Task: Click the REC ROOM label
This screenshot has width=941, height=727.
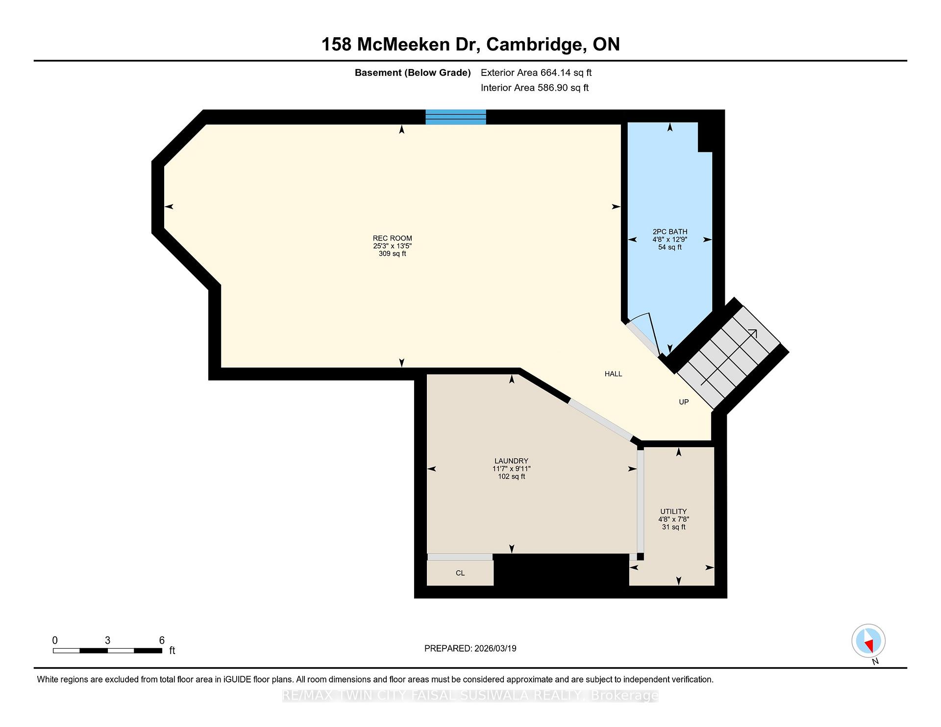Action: pyautogui.click(x=392, y=239)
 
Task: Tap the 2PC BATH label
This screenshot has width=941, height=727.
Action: pyautogui.click(x=670, y=232)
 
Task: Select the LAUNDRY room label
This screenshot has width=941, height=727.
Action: pyautogui.click(x=511, y=461)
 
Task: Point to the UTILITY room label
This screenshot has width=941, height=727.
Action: pyautogui.click(x=673, y=511)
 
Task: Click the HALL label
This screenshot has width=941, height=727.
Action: pyautogui.click(x=613, y=374)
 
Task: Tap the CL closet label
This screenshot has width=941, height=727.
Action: pyautogui.click(x=460, y=573)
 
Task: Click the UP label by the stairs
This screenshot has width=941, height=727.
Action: pyautogui.click(x=684, y=402)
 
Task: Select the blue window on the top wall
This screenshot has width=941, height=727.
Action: pyautogui.click(x=456, y=117)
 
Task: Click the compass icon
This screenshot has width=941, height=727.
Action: pyautogui.click(x=868, y=641)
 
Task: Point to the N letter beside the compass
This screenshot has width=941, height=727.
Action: pyautogui.click(x=875, y=662)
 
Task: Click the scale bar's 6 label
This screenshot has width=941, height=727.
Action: pyautogui.click(x=162, y=640)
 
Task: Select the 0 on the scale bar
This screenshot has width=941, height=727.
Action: pyautogui.click(x=55, y=640)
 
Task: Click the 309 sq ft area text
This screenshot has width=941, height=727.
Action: pyautogui.click(x=392, y=254)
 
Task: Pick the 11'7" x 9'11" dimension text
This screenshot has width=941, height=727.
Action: pyautogui.click(x=511, y=469)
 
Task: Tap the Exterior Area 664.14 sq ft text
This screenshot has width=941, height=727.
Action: pyautogui.click(x=536, y=73)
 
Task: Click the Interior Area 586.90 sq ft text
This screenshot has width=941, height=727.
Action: pyautogui.click(x=535, y=88)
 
